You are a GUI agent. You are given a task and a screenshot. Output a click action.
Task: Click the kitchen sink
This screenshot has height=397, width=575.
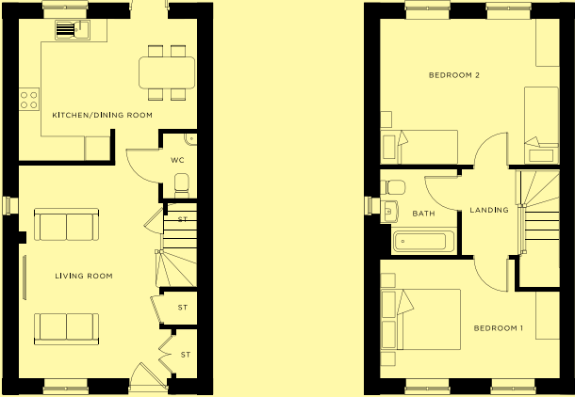tap(73, 30)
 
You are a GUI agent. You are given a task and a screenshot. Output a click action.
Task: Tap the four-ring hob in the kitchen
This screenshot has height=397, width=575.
tap(29, 100)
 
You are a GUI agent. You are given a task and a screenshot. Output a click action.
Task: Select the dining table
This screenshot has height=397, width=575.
tap(167, 72)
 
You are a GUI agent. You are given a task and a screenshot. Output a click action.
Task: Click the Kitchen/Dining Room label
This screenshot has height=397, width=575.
tap(103, 115)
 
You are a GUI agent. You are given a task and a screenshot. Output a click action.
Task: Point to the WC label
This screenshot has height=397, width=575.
tap(177, 160)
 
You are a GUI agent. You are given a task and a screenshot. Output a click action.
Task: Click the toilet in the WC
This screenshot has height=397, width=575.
tap(182, 185)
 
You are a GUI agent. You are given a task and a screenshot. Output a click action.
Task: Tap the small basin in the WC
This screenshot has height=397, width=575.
tap(190, 139)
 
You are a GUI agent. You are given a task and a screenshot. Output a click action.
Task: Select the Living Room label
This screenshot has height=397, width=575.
tap(84, 276)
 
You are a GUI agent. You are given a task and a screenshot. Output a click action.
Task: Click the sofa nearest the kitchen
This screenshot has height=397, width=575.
tap(66, 224)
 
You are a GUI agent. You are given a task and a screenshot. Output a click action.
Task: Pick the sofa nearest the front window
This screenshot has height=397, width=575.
tap(66, 329)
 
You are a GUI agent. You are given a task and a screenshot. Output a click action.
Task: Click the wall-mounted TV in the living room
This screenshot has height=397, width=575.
tap(25, 278)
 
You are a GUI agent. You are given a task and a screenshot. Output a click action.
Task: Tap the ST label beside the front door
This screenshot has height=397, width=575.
tap(186, 355)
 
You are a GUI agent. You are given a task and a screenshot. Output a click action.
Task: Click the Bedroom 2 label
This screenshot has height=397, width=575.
tap(454, 75)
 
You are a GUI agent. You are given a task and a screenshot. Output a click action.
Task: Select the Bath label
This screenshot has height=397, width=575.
tap(423, 214)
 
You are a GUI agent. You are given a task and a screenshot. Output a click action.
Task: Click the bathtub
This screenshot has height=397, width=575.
tap(424, 242)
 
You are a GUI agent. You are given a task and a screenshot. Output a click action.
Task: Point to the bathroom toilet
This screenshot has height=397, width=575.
tap(393, 187)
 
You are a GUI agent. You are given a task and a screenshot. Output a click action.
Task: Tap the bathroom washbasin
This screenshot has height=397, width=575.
tap(389, 212)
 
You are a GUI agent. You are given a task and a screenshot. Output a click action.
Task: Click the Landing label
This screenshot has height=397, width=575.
tap(489, 210)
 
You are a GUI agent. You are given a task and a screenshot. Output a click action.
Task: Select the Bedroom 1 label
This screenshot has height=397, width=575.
tap(499, 328)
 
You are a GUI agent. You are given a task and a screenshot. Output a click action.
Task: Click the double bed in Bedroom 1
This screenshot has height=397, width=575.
tap(420, 320)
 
